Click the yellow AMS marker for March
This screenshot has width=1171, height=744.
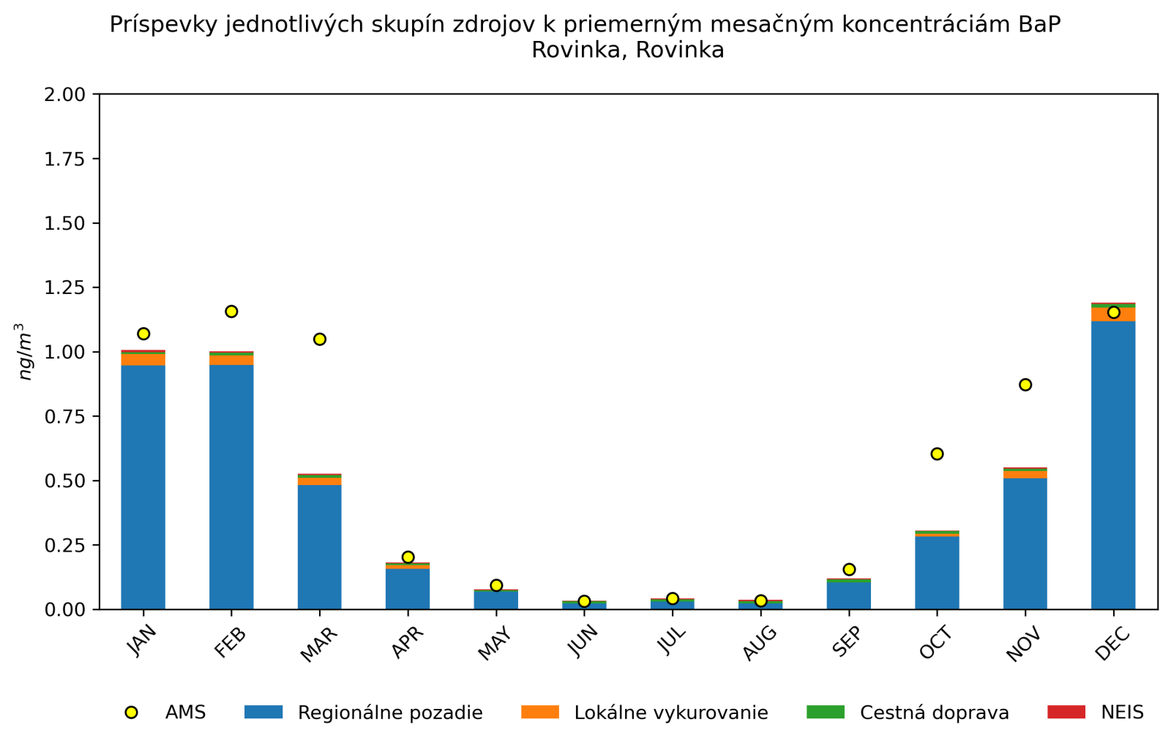pos(320,339)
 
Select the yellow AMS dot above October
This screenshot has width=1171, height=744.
pos(937,454)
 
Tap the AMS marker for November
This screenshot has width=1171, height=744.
pos(1025,385)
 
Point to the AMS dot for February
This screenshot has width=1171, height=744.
pos(231,312)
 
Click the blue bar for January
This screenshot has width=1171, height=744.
pos(143,486)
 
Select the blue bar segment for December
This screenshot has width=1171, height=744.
pos(1113,465)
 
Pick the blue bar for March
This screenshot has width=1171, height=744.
pos(320,546)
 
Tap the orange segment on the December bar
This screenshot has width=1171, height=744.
pos(1113,315)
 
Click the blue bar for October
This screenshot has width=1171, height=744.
pos(937,572)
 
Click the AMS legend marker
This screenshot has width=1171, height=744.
pos(132,713)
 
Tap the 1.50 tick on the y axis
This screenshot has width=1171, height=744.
pos(64,223)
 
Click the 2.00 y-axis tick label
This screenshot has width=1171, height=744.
pos(64,94)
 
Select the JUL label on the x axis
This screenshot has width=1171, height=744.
pos(671,642)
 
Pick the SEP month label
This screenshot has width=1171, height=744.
pos(847,643)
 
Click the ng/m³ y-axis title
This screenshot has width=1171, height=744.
pos(26,352)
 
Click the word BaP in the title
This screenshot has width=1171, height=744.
pos(1039,25)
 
